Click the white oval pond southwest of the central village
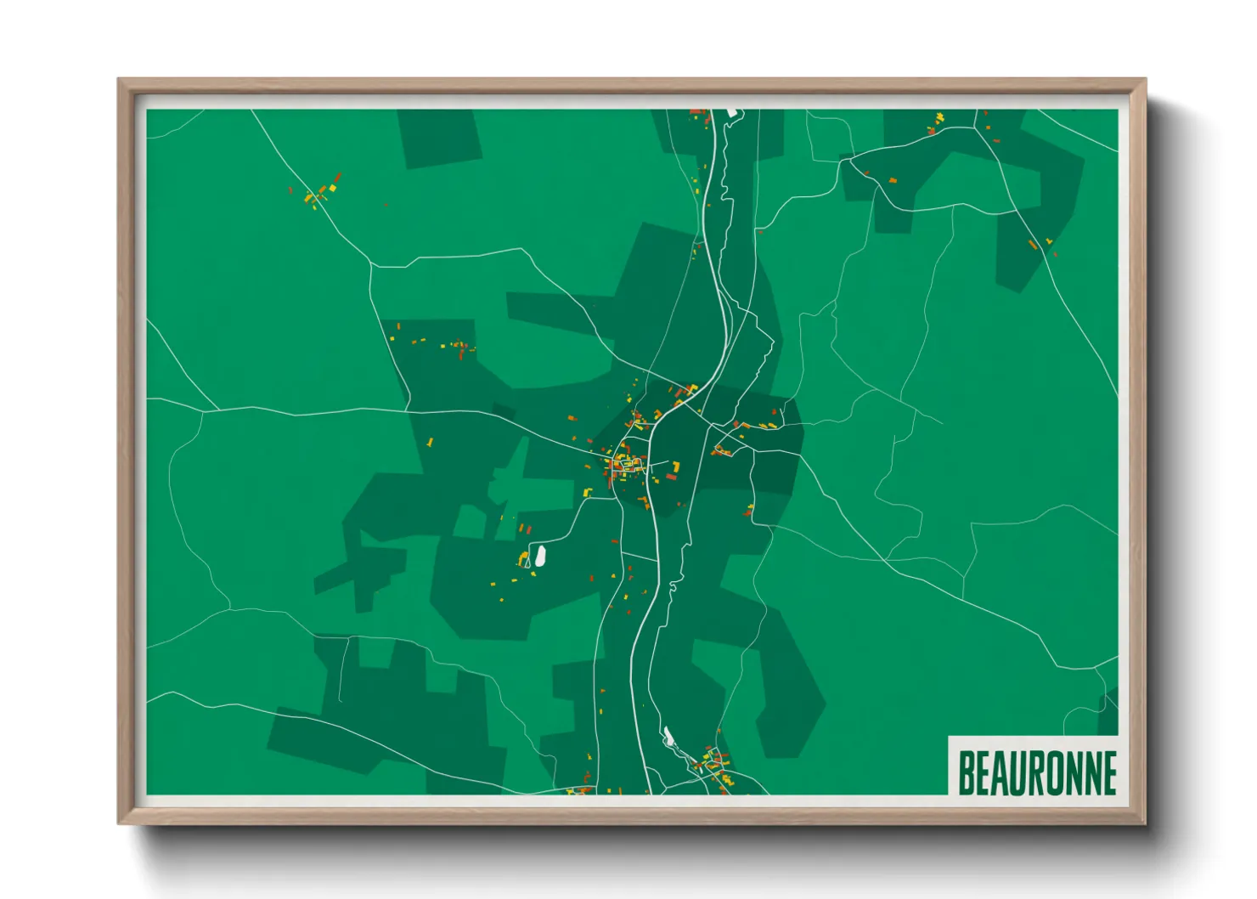tap(538, 557)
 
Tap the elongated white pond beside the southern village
tap(668, 736)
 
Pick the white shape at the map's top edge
tap(730, 112)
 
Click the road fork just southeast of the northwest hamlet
tap(371, 265)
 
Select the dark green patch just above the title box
tap(1108, 712)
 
